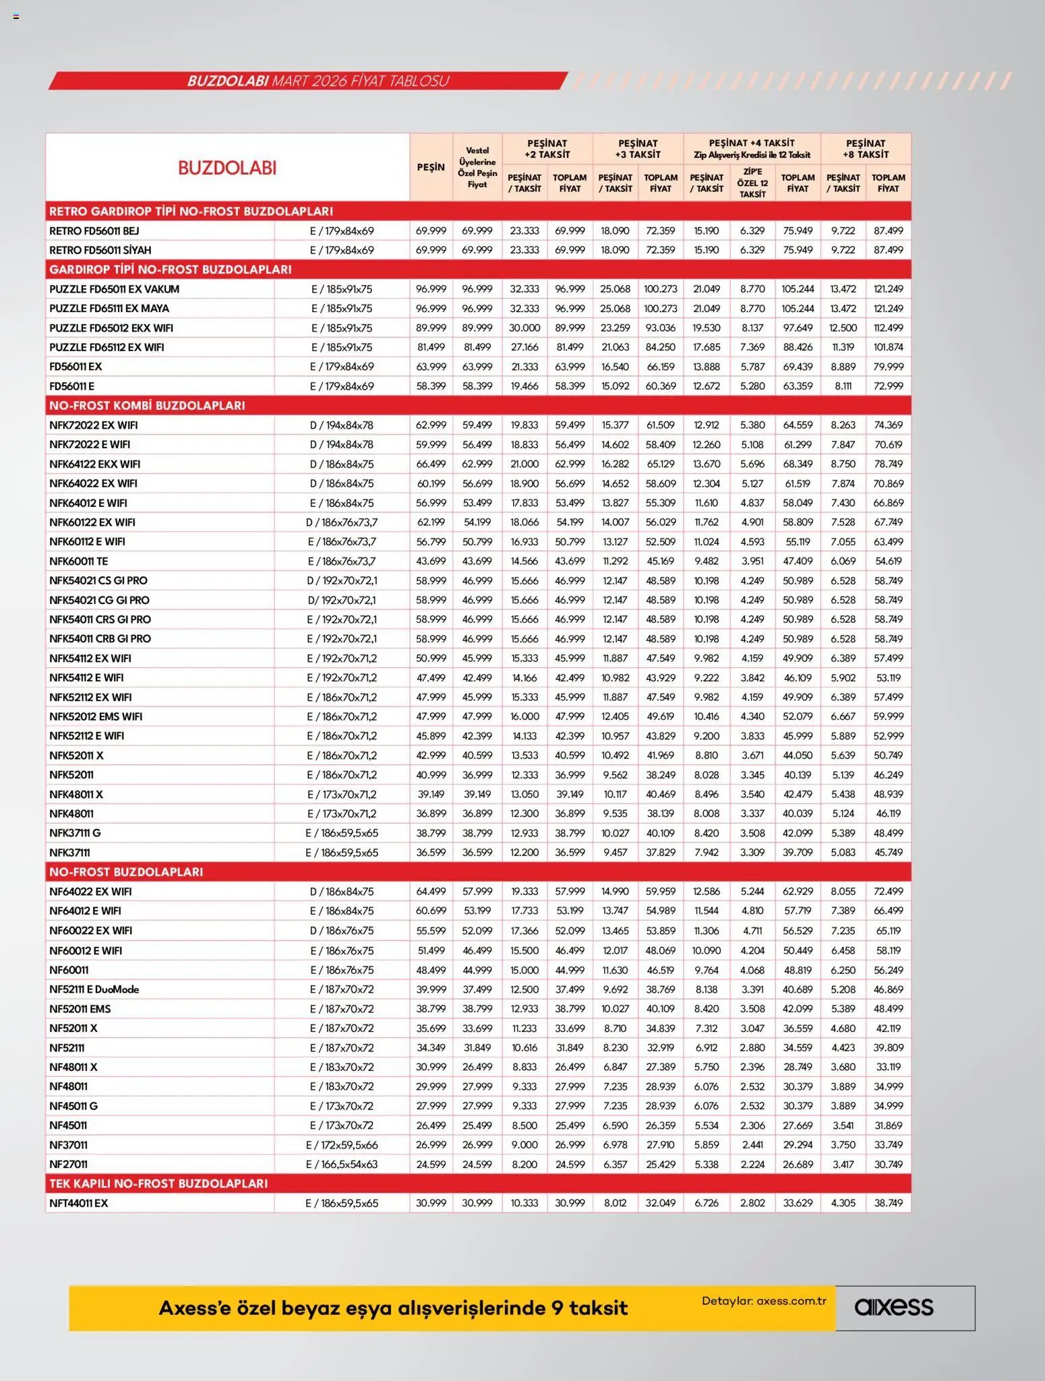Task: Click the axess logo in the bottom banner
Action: tap(894, 1308)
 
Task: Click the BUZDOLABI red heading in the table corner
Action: tap(227, 168)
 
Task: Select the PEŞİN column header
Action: tap(430, 167)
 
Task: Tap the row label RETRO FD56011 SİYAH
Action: tap(100, 250)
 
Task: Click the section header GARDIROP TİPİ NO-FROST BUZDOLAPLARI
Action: tap(171, 270)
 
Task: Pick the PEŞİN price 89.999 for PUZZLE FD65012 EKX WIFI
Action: tap(430, 328)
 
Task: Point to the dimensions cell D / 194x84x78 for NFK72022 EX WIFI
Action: tap(341, 425)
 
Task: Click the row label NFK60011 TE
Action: tap(78, 561)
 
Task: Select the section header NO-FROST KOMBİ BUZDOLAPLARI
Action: tap(147, 406)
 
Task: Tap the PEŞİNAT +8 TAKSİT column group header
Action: tap(865, 149)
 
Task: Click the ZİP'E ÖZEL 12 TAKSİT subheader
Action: tap(752, 183)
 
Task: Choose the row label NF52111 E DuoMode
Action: tap(94, 989)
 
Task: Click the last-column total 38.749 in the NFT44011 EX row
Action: tap(888, 1203)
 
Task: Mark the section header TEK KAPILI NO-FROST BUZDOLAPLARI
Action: tap(158, 1184)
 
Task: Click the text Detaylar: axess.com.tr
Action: tap(763, 1301)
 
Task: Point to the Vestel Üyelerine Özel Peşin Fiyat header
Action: tap(477, 167)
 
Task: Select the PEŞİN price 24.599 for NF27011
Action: tap(430, 1164)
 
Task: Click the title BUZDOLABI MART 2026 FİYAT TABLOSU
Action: tap(318, 81)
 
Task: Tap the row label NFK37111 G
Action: tap(75, 833)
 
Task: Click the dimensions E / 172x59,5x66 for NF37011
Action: tap(341, 1145)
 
